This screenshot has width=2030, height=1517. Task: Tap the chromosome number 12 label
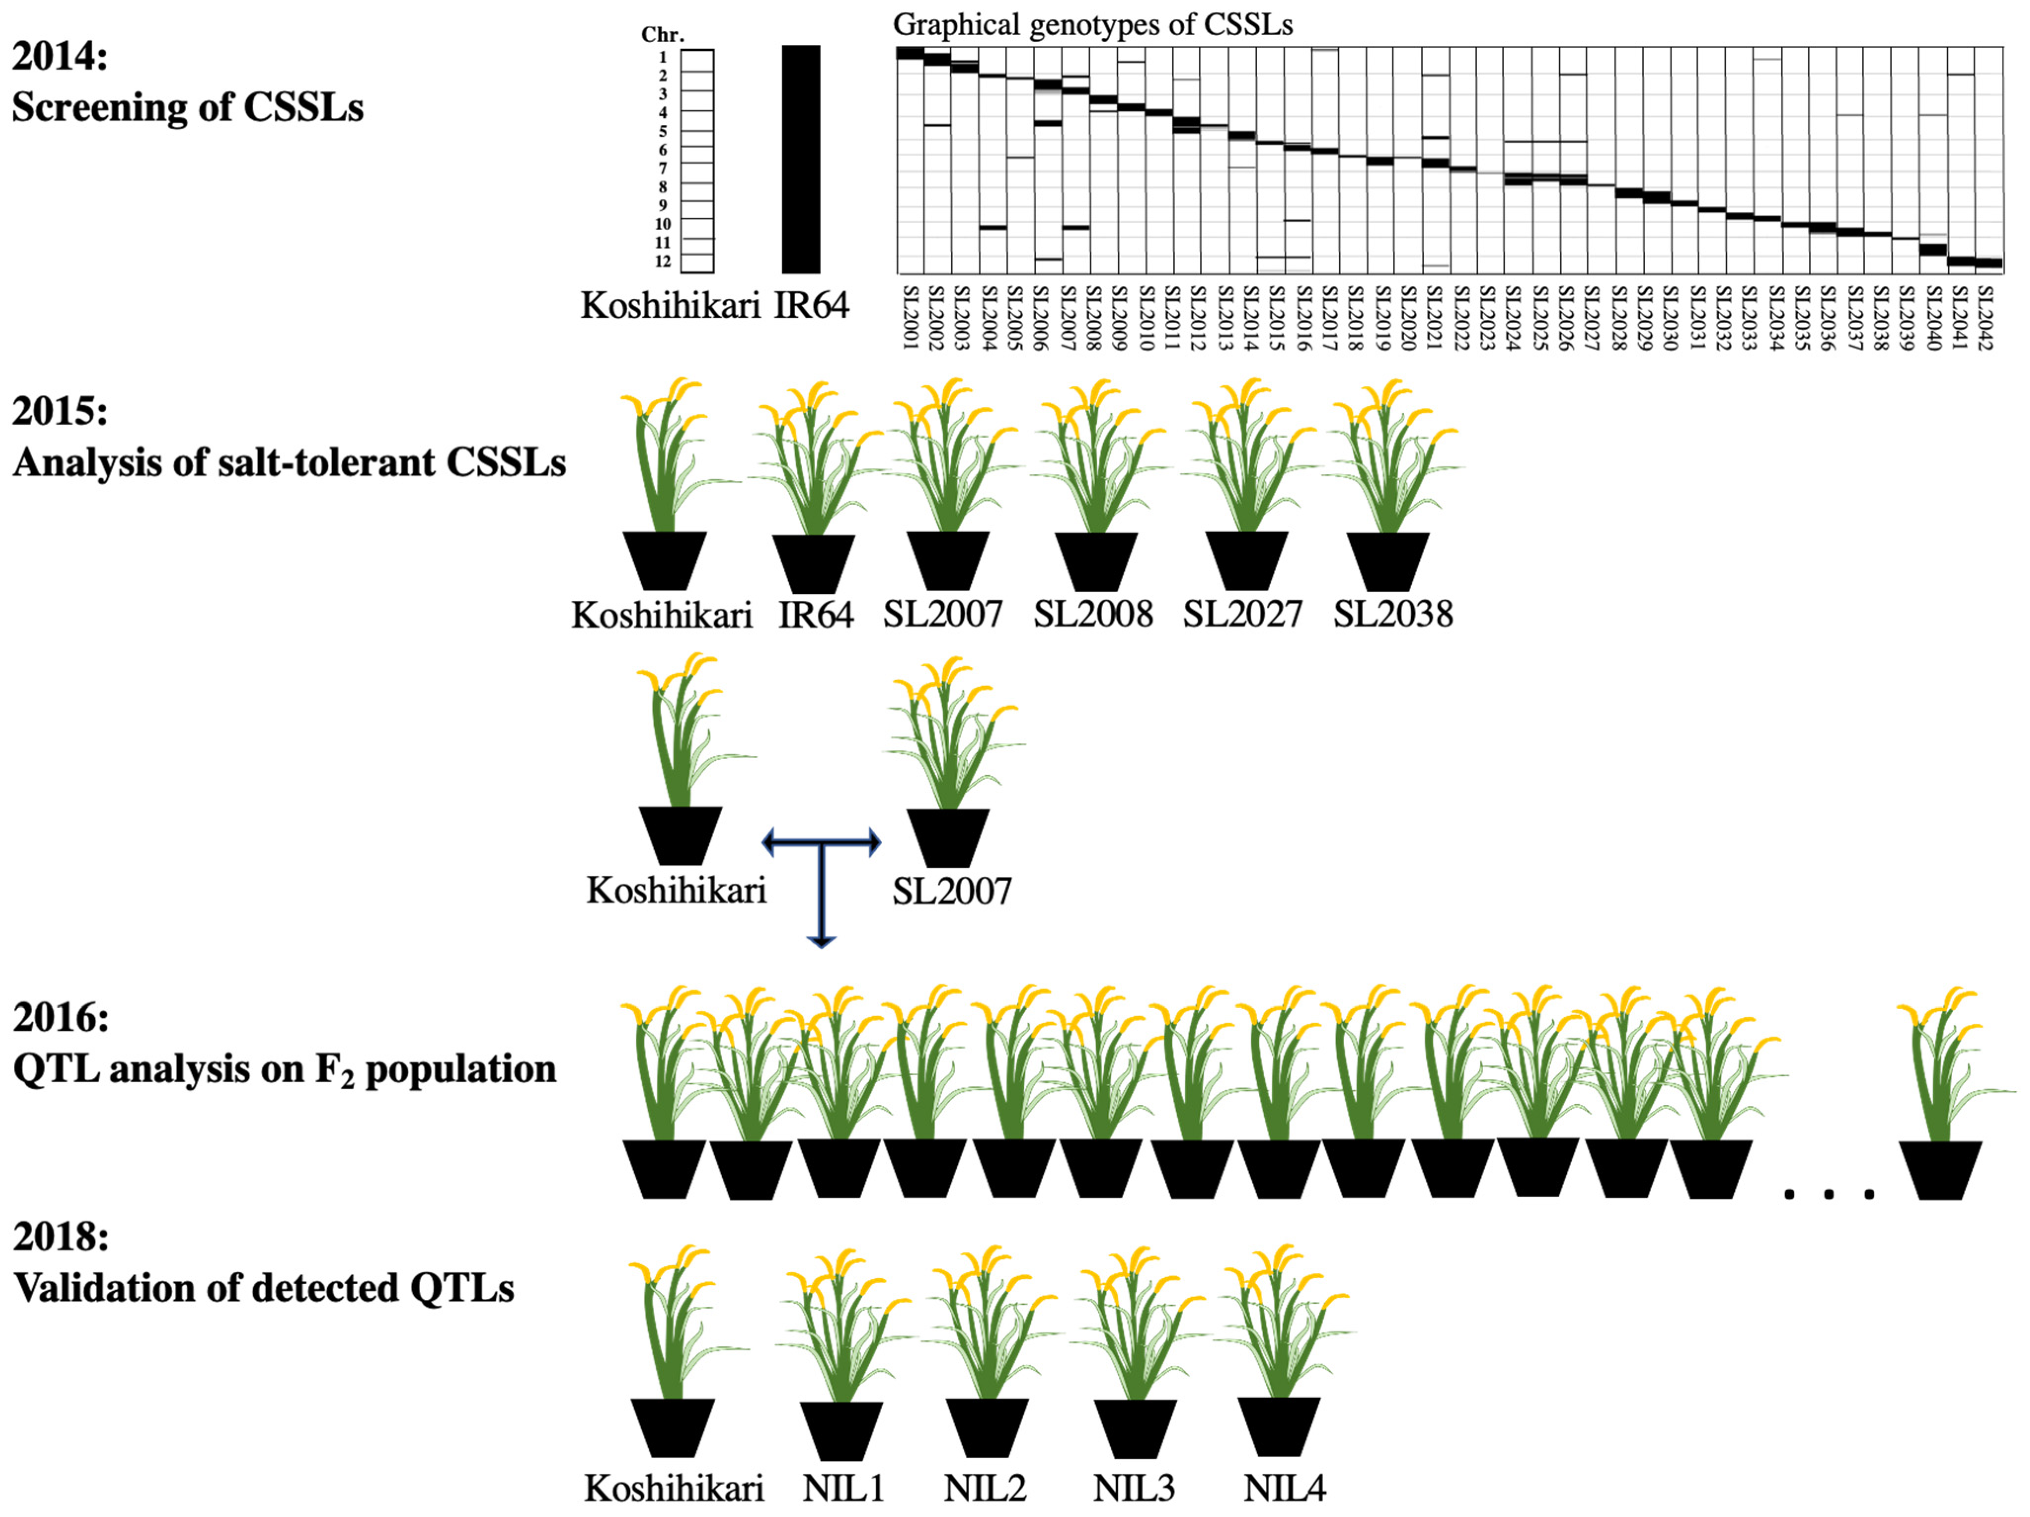point(662,262)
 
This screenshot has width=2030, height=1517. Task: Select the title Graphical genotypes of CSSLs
point(1092,25)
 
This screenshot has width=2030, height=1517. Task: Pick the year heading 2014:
point(60,57)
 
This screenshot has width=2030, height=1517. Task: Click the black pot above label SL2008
point(1096,561)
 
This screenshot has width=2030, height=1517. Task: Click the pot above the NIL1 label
point(842,1430)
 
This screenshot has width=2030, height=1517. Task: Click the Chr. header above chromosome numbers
point(662,35)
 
